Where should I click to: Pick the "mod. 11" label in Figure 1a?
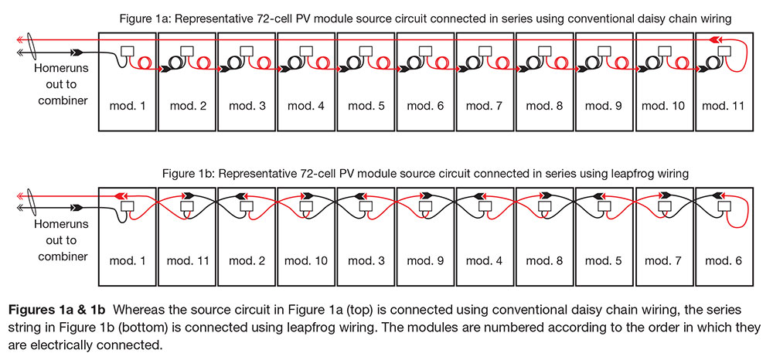pyautogui.click(x=725, y=105)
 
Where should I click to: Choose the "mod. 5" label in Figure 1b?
pyautogui.click(x=606, y=260)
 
